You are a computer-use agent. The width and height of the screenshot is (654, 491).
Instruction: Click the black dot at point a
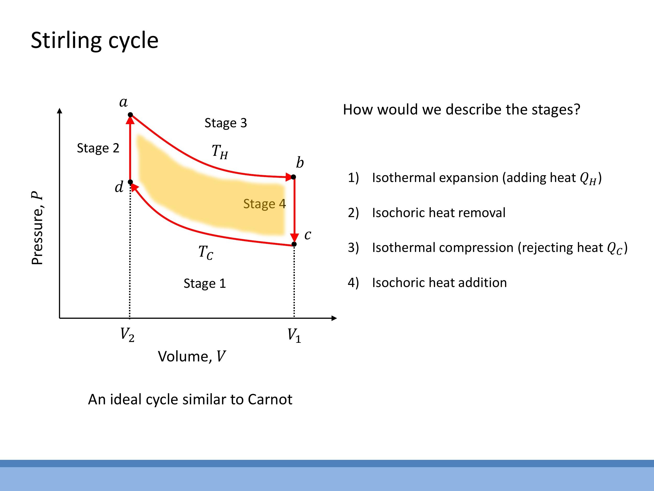pyautogui.click(x=130, y=114)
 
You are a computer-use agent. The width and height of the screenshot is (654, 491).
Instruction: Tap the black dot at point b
pyautogui.click(x=293, y=177)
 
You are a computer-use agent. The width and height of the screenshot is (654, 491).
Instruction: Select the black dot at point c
pyautogui.click(x=294, y=244)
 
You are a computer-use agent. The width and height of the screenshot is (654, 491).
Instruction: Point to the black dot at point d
pyautogui.click(x=130, y=182)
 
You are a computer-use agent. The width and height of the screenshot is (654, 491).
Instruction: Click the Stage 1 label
pyautogui.click(x=205, y=284)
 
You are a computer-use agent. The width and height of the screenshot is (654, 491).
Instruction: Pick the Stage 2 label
pyautogui.click(x=98, y=148)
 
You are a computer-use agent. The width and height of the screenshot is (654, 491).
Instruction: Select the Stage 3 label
pyautogui.click(x=225, y=123)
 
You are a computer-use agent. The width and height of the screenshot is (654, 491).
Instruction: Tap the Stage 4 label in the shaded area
pyautogui.click(x=264, y=204)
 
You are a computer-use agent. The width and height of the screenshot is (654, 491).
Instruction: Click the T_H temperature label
pyautogui.click(x=220, y=152)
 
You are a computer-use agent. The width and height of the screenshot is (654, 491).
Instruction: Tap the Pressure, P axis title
pyautogui.click(x=38, y=228)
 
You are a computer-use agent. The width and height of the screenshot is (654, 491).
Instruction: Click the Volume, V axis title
pyautogui.click(x=191, y=356)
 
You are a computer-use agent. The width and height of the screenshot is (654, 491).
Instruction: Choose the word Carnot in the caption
pyautogui.click(x=270, y=399)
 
